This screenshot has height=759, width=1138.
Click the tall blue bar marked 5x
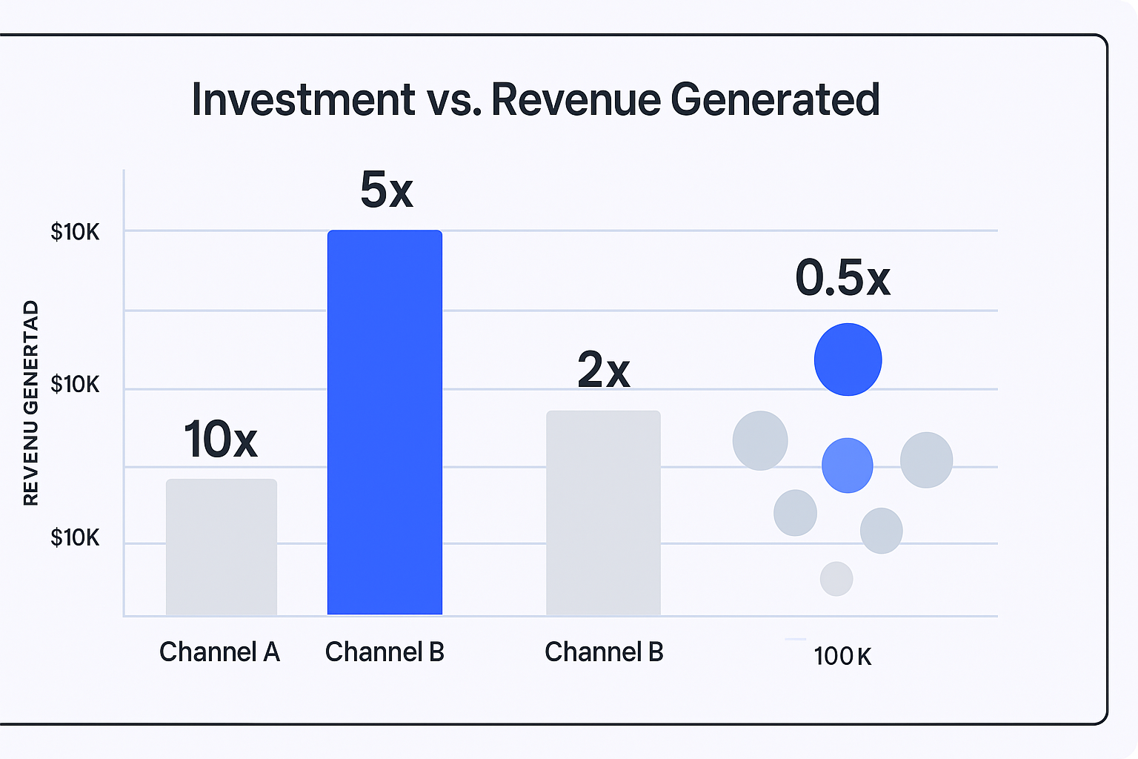click(385, 422)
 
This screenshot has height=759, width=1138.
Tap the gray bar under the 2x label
click(603, 513)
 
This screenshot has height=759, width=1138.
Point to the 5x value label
click(386, 190)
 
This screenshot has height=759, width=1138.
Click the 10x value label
click(220, 440)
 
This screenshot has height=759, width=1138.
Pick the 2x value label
click(603, 370)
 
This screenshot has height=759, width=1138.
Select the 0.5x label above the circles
click(842, 279)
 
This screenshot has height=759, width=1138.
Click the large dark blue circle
click(848, 359)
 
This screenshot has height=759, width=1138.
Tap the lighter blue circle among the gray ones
click(847, 465)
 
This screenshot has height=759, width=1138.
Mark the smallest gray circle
click(836, 579)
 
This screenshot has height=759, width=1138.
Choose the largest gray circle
click(760, 440)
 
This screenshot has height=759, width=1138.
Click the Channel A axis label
click(219, 652)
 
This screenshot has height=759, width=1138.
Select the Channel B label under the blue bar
click(385, 652)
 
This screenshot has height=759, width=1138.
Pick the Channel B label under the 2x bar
click(604, 652)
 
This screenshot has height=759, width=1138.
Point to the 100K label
click(842, 656)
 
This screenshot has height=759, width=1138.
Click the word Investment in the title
click(303, 99)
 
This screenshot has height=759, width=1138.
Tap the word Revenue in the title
click(575, 99)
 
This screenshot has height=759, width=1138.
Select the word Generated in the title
click(775, 99)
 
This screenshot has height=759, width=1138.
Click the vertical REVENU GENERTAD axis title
click(30, 403)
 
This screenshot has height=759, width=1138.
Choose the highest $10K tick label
click(75, 233)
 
